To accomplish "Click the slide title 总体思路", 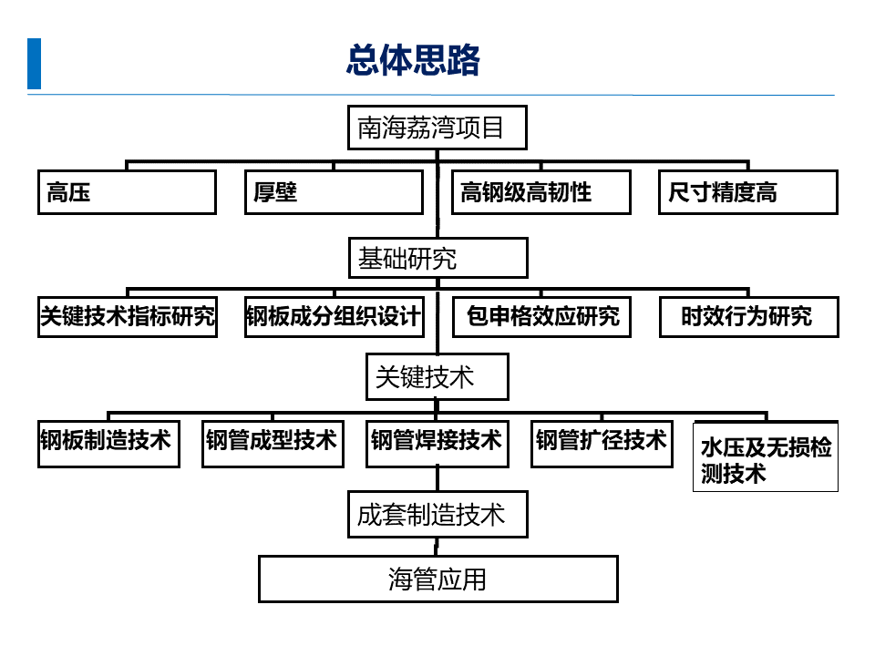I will tap(413, 62).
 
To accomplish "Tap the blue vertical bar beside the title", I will tap(35, 64).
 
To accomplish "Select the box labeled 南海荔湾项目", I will tap(437, 128).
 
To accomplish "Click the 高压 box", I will tap(127, 192).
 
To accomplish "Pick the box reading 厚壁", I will tap(334, 192).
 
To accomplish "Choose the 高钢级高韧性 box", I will tap(541, 192).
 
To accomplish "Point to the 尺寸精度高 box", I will tap(747, 192).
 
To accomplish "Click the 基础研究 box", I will tap(437, 259).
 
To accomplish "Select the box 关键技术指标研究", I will tap(128, 317).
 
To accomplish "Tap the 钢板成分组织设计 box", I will tap(334, 317).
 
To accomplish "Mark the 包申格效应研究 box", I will tap(541, 317).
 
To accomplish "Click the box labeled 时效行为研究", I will tap(747, 317).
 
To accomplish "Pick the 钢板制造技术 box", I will tap(108, 444).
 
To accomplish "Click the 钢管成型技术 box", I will tap(273, 444).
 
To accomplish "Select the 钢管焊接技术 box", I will tap(437, 444).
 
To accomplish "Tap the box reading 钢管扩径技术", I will tap(602, 444).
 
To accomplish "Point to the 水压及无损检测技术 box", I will tap(766, 457).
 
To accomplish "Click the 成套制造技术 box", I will tap(437, 516).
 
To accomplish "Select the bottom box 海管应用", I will tap(437, 579).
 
